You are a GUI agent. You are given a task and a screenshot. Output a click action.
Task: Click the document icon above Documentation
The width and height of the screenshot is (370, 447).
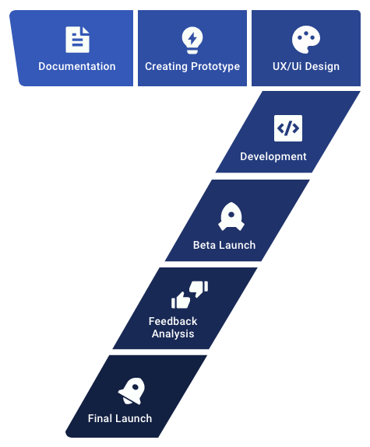point(77,40)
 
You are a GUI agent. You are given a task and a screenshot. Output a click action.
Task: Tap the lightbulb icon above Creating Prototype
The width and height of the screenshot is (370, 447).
point(192,40)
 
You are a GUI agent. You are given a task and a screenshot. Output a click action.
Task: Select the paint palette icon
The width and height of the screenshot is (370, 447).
point(306,40)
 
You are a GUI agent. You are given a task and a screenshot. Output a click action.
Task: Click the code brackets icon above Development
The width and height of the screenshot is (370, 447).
point(288,128)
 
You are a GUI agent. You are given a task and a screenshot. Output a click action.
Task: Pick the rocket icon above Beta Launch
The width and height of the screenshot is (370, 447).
point(231,217)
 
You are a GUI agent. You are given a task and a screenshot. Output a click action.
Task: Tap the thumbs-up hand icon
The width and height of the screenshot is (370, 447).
point(181,300)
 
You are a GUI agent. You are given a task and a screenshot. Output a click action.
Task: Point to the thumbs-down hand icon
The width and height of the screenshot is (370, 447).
point(199,288)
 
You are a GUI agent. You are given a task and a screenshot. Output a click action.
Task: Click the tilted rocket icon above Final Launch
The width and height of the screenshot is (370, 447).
point(132,391)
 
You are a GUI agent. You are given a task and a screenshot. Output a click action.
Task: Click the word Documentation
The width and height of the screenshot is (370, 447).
point(77,66)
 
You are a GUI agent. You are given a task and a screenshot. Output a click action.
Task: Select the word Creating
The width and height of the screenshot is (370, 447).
point(166,67)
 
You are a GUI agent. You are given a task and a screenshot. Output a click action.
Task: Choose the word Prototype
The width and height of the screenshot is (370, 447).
point(215,67)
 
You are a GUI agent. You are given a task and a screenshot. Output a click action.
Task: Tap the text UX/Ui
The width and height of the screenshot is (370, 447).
point(287,66)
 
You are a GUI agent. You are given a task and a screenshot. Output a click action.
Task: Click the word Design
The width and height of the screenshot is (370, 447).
point(322,67)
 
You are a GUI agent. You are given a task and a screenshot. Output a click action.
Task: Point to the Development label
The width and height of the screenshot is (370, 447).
point(273,157)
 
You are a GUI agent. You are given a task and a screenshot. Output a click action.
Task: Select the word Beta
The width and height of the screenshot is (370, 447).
point(204,245)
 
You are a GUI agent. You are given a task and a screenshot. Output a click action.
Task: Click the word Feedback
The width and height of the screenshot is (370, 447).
point(173,321)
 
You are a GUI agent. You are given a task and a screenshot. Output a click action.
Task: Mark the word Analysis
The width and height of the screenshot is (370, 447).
point(173,334)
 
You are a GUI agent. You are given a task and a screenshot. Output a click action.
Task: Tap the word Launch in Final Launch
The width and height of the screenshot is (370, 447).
point(132,418)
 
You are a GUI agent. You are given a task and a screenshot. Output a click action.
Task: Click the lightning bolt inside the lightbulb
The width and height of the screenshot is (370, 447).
point(192,38)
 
